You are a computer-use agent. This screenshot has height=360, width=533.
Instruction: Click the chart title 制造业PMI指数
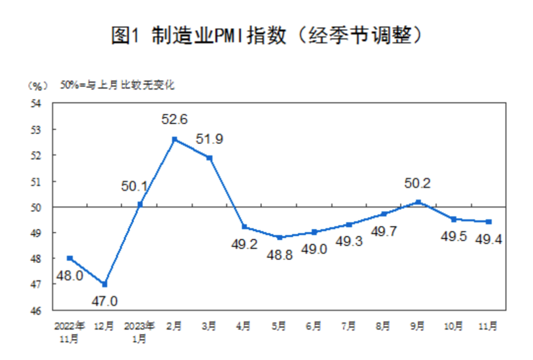[x=266, y=36]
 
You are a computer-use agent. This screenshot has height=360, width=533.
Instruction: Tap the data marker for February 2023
[x=174, y=139]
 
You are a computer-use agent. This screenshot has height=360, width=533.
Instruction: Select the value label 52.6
[x=174, y=119]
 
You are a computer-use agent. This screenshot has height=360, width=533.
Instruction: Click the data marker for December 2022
[x=104, y=284]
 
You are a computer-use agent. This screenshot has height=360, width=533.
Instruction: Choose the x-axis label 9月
[x=418, y=326]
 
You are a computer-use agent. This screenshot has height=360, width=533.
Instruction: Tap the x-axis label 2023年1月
[x=140, y=332]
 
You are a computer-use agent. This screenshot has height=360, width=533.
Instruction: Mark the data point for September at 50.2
[x=419, y=201]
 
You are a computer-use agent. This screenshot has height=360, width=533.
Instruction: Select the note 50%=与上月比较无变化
[x=117, y=85]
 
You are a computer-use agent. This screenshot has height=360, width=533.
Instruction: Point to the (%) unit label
[x=37, y=85]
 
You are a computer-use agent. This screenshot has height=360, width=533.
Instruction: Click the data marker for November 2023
[x=489, y=222]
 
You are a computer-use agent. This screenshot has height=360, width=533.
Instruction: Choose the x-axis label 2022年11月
[x=70, y=332]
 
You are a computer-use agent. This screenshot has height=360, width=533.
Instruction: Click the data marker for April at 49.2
[x=244, y=227]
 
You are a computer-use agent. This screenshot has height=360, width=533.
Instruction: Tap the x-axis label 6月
[x=314, y=326]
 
